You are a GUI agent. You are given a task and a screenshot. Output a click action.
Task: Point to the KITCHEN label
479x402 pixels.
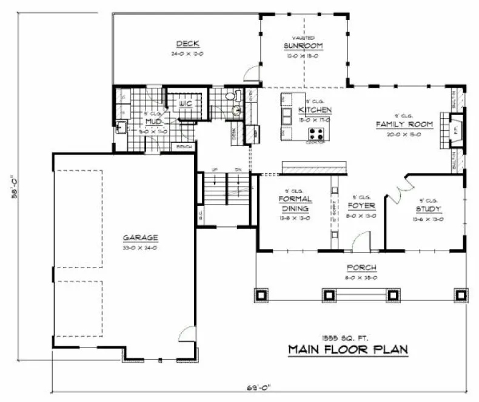(315, 110)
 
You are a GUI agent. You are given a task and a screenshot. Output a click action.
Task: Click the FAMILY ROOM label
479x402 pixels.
(404, 124)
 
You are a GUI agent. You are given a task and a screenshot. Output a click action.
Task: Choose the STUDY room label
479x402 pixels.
(428, 209)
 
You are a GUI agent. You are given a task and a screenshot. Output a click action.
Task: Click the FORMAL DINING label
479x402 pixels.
(295, 203)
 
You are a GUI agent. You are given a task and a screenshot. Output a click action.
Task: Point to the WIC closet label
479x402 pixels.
(186, 104)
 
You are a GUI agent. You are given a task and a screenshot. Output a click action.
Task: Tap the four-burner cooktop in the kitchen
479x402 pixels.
(316, 133)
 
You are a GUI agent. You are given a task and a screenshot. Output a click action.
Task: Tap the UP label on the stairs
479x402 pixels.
(215, 170)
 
